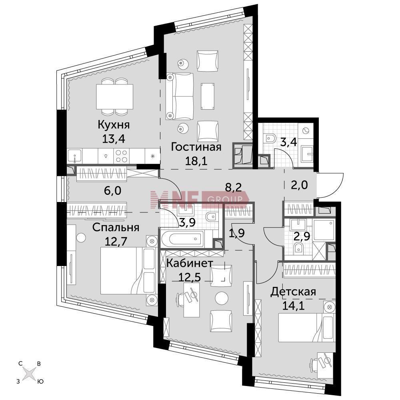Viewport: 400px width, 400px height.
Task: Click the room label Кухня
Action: (x=114, y=125)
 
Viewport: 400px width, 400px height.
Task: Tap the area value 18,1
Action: (x=196, y=161)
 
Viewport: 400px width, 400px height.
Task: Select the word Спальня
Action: (x=116, y=227)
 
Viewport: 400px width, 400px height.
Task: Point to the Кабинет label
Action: (x=190, y=263)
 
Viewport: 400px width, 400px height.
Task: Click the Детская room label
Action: (x=293, y=291)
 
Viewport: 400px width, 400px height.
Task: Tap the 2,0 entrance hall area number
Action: (x=300, y=184)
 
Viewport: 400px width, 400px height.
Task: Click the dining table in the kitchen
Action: (x=114, y=96)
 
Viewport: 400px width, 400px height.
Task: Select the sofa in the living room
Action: (x=180, y=96)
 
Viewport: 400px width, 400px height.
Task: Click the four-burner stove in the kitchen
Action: (x=122, y=156)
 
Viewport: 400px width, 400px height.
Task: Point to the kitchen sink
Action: (x=74, y=156)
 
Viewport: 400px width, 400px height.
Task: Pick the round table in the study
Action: (x=221, y=298)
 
